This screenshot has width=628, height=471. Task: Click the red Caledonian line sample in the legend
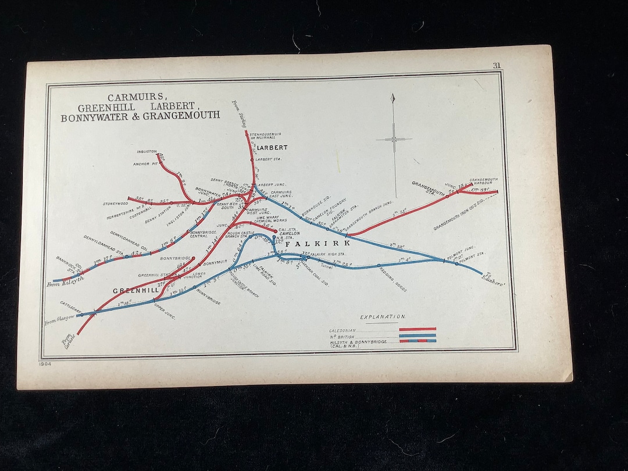click(x=417, y=329)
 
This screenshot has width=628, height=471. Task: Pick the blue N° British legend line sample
click(x=417, y=335)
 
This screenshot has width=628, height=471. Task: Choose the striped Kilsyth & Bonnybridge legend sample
click(x=417, y=341)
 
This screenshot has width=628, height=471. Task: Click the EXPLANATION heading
click(x=383, y=317)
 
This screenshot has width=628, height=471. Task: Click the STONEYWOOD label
click(x=115, y=204)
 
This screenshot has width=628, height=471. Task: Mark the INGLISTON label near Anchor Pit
click(x=147, y=151)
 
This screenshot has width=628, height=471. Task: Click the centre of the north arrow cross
click(x=394, y=139)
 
